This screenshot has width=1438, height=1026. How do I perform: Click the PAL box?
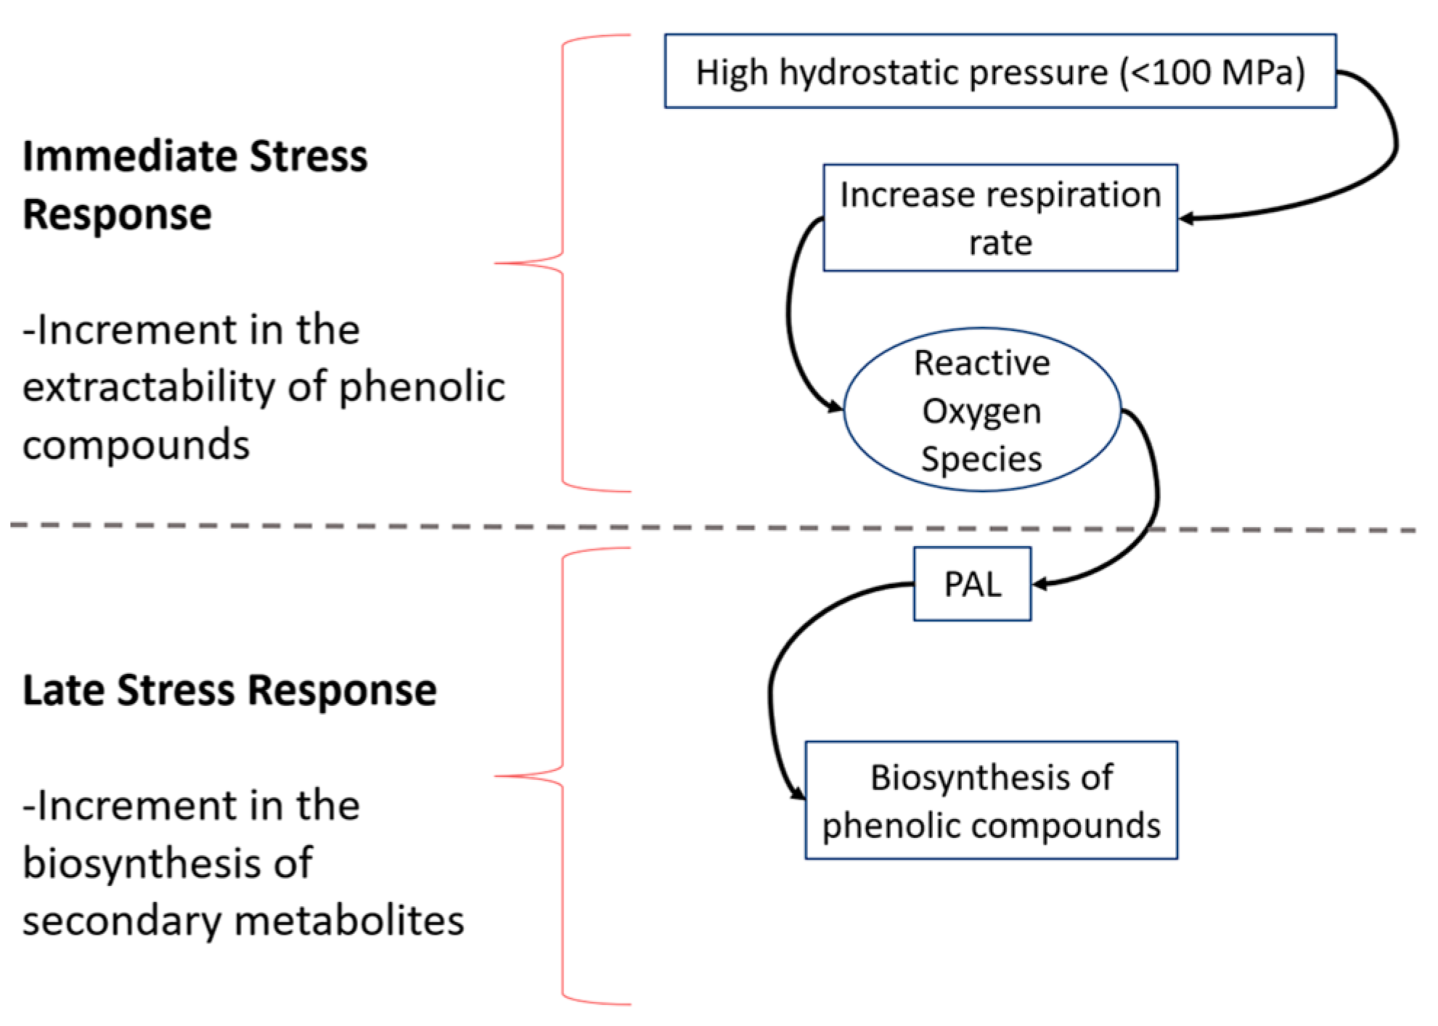coord(972,584)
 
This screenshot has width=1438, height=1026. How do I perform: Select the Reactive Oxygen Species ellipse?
coord(981,410)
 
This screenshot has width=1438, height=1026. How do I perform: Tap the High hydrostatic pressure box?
coord(1000,72)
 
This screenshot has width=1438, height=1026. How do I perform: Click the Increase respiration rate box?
coord(1000,218)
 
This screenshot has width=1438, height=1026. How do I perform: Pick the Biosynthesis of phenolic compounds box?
coord(991,800)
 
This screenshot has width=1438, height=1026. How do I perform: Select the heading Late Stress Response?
coord(229,690)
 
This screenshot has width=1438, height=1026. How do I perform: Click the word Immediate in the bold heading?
coord(130,156)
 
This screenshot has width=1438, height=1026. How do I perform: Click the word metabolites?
coord(349,921)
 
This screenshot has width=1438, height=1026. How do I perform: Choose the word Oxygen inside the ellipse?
coord(981,411)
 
